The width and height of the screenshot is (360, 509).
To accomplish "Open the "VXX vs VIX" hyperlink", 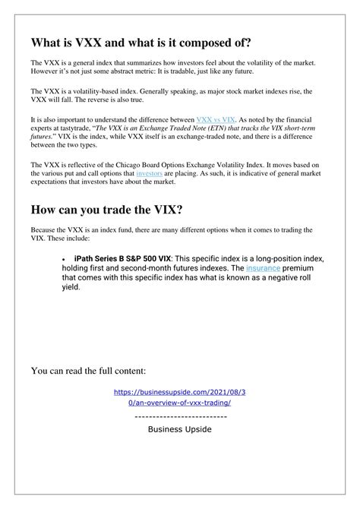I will (x=216, y=119).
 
